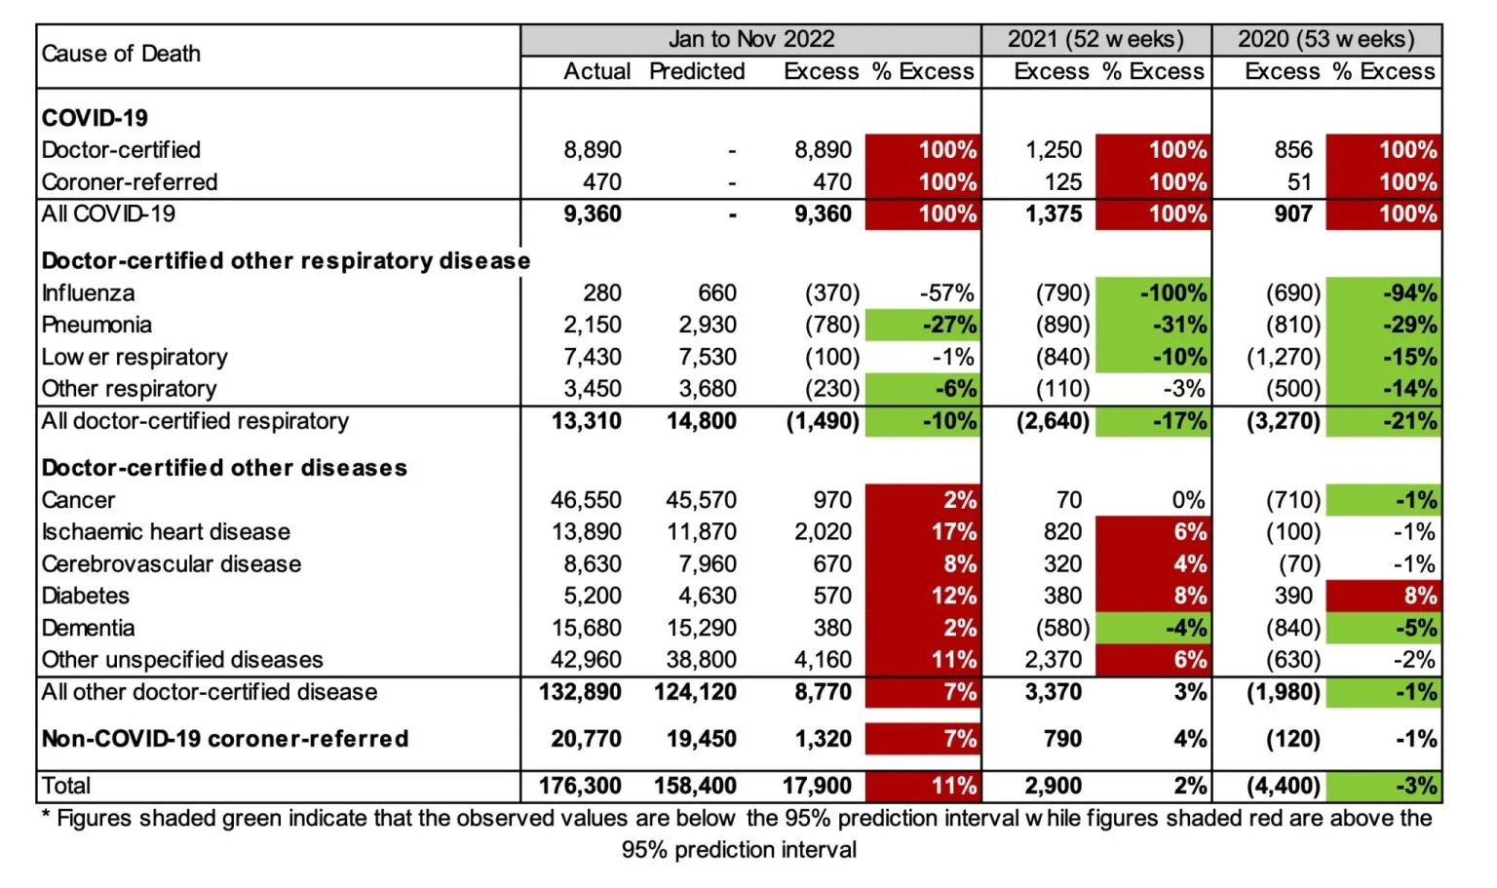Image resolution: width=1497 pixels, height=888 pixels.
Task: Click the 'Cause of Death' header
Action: pyautogui.click(x=121, y=54)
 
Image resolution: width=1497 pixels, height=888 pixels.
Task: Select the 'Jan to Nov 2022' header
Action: pyautogui.click(x=750, y=39)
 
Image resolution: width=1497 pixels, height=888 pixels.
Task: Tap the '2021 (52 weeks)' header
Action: pyautogui.click(x=1095, y=39)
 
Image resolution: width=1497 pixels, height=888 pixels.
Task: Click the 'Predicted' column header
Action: pyautogui.click(x=697, y=71)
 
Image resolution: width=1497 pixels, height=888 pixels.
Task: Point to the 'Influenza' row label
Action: pyautogui.click(x=88, y=293)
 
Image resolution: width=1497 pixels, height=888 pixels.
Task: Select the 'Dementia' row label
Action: pyautogui.click(x=88, y=629)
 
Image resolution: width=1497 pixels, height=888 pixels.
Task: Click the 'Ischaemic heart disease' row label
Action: pyautogui.click(x=166, y=532)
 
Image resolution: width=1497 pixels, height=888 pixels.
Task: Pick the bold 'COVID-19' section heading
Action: pyautogui.click(x=95, y=118)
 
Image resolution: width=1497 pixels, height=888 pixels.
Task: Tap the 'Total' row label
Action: pyautogui.click(x=66, y=786)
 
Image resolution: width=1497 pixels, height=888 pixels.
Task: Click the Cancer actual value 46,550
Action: pyautogui.click(x=586, y=500)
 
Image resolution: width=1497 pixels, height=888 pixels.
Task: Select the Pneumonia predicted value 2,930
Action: pyautogui.click(x=708, y=325)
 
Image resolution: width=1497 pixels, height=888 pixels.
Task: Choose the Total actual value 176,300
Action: pyautogui.click(x=580, y=786)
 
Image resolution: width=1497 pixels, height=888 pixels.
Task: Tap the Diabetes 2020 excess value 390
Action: pyautogui.click(x=1293, y=596)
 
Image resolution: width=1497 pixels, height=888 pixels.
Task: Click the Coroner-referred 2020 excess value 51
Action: pyautogui.click(x=1299, y=182)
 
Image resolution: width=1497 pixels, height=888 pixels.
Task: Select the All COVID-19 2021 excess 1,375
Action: pyautogui.click(x=1054, y=214)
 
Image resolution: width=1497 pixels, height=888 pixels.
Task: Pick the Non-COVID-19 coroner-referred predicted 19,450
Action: pyautogui.click(x=701, y=739)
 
